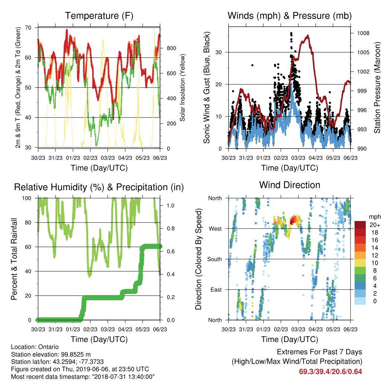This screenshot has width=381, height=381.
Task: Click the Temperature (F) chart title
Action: click(99, 16)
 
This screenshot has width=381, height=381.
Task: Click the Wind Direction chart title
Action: click(289, 185)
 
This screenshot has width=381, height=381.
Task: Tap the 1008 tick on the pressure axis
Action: click(363, 33)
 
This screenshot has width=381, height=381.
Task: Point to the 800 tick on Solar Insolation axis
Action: click(171, 48)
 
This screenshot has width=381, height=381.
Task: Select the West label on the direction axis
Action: click(215, 229)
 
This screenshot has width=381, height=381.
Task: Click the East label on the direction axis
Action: click(216, 289)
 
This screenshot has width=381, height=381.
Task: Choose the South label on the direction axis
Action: click(215, 259)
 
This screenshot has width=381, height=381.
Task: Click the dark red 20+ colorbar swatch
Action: click(360, 225)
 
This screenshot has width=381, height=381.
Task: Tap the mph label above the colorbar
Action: click(375, 217)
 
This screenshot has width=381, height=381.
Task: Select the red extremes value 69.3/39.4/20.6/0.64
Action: click(330, 372)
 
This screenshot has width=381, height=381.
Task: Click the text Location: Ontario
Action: click(35, 347)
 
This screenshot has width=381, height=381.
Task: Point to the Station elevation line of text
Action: click(51, 354)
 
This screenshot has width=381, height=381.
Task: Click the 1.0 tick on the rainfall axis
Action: click(170, 205)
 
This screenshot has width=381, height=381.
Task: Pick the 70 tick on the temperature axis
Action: click(28, 28)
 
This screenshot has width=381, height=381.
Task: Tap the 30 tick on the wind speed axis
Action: click(219, 52)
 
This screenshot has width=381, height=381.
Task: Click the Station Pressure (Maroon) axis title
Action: click(377, 87)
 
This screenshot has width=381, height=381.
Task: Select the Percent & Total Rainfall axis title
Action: click(14, 259)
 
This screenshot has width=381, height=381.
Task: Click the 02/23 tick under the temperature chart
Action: click(90, 158)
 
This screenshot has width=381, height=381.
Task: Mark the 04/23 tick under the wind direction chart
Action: click(316, 329)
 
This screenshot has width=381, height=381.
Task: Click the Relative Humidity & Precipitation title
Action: click(99, 188)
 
